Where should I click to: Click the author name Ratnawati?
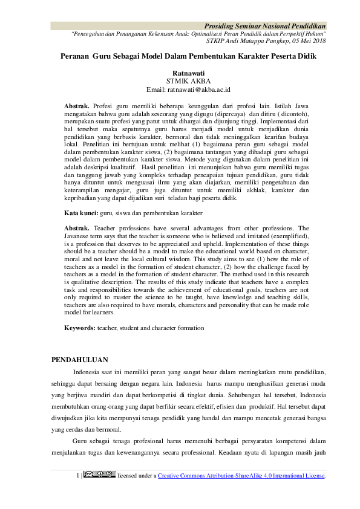(180, 71)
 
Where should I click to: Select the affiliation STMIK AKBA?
(180, 80)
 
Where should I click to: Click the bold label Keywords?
(80, 328)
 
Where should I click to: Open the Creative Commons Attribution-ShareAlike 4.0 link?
(242, 476)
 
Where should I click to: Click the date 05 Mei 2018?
(306, 41)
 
